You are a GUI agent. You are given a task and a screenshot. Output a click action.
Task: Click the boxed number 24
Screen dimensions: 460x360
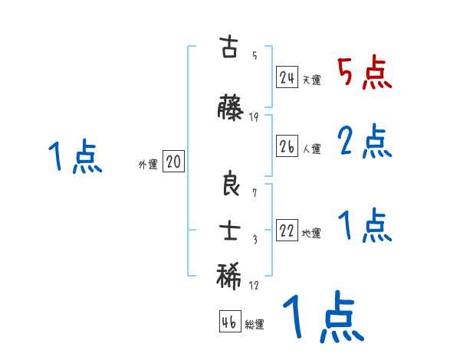[x=287, y=78]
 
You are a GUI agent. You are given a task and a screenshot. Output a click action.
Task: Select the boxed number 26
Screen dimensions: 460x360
[x=287, y=147]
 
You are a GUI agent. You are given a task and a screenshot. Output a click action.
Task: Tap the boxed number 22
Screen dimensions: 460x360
[x=287, y=231]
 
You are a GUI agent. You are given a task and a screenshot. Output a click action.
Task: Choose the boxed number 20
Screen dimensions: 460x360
[x=173, y=162]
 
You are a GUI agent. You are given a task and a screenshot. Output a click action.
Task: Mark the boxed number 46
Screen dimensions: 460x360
[x=229, y=322]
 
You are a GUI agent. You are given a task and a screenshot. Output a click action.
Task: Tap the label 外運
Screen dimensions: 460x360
[x=147, y=164]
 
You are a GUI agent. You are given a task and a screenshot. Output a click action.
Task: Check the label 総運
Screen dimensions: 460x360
[x=255, y=325]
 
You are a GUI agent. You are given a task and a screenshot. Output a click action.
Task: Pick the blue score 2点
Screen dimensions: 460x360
[x=364, y=141]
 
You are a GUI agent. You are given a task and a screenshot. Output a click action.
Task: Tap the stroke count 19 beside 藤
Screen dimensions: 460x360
[x=254, y=116]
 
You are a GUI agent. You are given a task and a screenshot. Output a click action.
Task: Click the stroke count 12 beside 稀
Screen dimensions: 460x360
[x=254, y=285]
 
